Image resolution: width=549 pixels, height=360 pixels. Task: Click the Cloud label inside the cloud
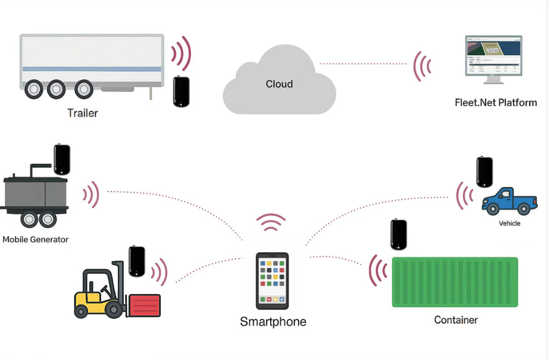[279, 84]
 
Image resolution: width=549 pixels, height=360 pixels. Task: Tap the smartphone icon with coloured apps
[272, 281]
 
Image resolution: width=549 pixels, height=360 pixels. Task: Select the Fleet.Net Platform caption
[496, 103]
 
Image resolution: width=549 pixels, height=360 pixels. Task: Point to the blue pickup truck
[509, 202]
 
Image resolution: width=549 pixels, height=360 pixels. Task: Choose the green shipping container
[455, 282]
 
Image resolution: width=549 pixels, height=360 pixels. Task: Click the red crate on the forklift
[145, 305]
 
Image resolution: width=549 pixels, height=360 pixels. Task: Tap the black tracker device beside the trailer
[182, 91]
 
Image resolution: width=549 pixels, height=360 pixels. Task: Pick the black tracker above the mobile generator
[62, 160]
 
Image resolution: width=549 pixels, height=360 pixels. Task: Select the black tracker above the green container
[399, 234]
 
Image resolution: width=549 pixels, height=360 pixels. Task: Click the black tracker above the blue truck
[484, 172]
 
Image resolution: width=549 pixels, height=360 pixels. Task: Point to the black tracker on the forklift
[137, 262]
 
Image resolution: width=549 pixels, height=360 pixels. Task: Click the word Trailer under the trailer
[83, 113]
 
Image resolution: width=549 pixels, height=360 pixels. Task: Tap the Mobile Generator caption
[35, 239]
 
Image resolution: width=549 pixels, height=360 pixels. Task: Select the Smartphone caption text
[273, 322]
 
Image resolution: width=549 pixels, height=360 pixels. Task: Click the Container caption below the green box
[456, 319]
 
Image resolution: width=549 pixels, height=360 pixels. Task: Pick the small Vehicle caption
[509, 223]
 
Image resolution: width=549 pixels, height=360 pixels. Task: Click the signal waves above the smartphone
[271, 222]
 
